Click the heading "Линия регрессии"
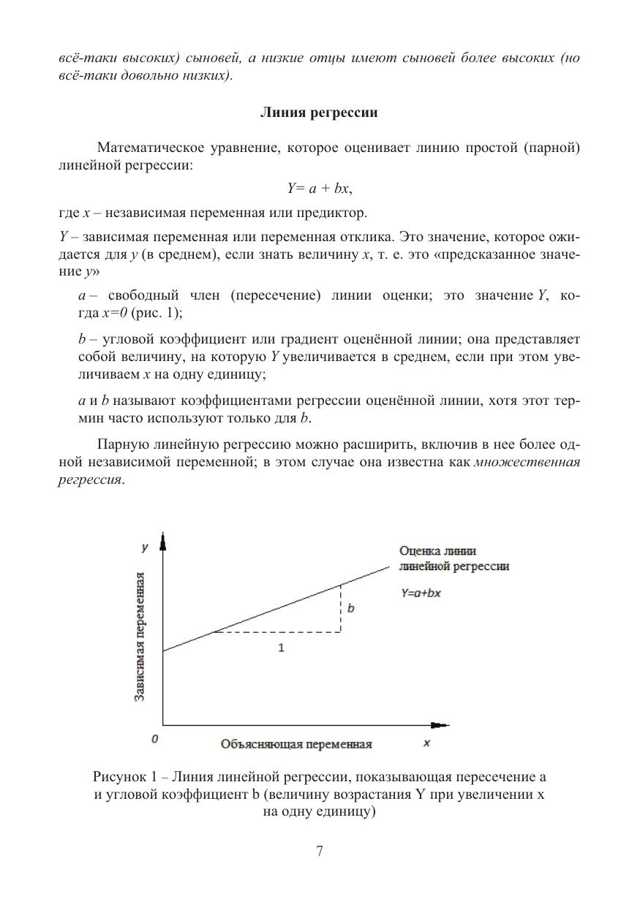click(320, 113)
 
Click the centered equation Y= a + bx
click(320, 189)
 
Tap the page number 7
click(320, 850)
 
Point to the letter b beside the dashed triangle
click(351, 607)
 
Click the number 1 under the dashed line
click(282, 648)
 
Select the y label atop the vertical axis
click(145, 547)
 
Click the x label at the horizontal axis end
click(426, 743)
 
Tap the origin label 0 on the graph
click(154, 739)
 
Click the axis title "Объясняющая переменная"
click(296, 744)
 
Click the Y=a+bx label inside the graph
click(420, 593)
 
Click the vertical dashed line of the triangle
click(341, 608)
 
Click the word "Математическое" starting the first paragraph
click(149, 148)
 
